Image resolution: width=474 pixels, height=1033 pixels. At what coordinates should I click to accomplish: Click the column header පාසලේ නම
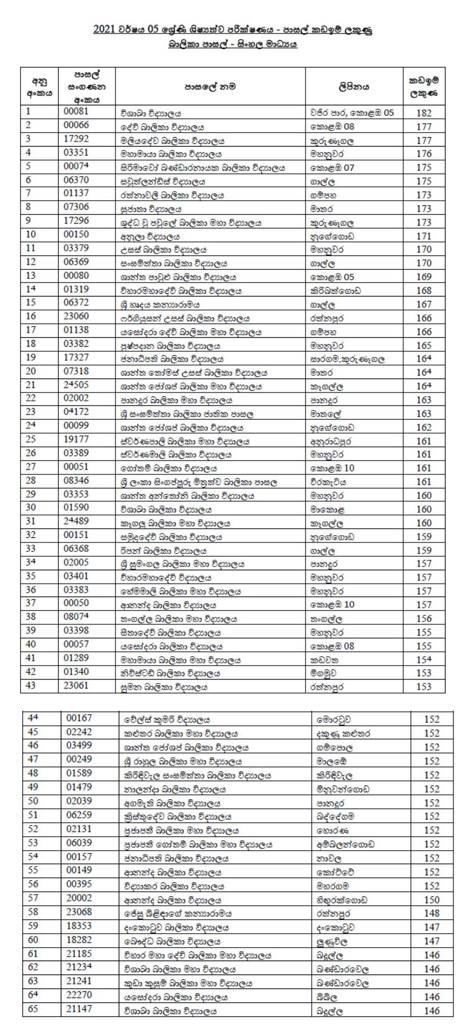(210, 87)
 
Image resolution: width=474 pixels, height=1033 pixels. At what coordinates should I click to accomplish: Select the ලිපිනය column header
(354, 87)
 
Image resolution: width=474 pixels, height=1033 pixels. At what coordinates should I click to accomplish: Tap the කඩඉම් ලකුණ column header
(424, 87)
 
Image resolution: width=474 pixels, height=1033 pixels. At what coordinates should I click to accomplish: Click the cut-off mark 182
(424, 113)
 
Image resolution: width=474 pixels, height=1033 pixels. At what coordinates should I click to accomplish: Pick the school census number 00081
(76, 111)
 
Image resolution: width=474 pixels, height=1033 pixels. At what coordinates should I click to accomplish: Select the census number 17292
(76, 139)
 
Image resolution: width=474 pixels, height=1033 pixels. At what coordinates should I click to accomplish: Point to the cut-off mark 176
(424, 154)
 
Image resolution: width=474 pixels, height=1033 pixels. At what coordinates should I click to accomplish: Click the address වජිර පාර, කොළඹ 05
(352, 113)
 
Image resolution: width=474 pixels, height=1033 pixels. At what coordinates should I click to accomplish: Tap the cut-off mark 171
(424, 236)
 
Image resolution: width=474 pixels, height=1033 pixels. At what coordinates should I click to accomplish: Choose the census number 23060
(76, 317)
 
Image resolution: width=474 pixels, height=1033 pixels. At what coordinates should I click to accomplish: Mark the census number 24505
(76, 385)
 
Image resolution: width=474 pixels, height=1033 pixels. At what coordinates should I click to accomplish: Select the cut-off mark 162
(424, 428)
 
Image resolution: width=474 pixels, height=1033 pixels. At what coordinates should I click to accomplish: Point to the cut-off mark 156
(424, 619)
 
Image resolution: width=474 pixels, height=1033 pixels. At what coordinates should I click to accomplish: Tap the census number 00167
(79, 719)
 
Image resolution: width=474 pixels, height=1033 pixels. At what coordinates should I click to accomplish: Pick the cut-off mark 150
(432, 900)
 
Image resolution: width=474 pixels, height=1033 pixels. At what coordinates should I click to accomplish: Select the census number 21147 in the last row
(79, 1009)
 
